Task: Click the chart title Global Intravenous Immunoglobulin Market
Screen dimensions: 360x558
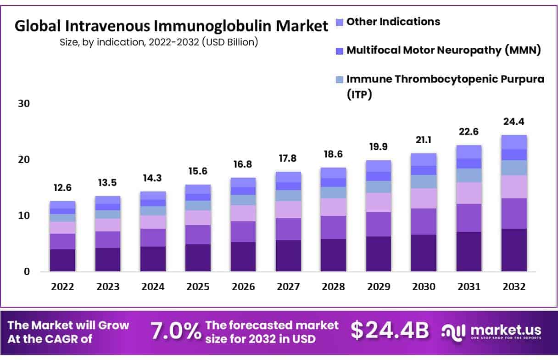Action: click(172, 26)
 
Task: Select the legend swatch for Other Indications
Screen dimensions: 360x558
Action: click(339, 22)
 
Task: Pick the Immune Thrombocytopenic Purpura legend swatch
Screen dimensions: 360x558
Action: click(339, 79)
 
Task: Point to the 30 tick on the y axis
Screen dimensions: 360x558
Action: click(24, 104)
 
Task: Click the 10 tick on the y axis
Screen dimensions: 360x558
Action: click(24, 215)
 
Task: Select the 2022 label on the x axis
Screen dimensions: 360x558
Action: click(62, 287)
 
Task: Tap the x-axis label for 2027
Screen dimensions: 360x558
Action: click(288, 287)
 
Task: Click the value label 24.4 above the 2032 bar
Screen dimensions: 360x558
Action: click(513, 122)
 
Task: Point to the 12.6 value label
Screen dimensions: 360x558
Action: click(62, 188)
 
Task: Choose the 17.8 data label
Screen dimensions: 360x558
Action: click(288, 158)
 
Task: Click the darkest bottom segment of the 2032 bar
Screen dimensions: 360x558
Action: click(513, 250)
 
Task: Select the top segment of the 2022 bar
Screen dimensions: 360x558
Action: click(62, 205)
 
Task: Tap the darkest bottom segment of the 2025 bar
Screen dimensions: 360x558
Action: click(198, 258)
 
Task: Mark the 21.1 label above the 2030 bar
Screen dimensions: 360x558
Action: click(423, 140)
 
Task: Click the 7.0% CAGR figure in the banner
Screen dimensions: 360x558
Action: click(176, 331)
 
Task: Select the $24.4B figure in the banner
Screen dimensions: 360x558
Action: click(390, 330)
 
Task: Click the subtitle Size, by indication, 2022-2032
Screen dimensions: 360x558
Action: click(159, 42)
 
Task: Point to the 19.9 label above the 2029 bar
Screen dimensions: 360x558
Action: click(378, 147)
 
